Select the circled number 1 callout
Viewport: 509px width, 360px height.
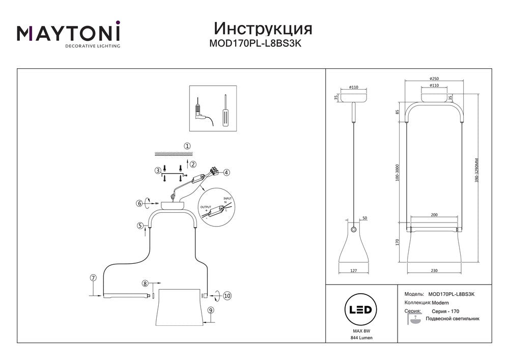point(187,146)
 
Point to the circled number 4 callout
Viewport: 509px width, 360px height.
point(227,173)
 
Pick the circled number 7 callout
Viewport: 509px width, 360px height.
point(93,278)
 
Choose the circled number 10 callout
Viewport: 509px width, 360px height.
point(227,295)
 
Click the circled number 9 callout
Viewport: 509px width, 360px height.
point(211,310)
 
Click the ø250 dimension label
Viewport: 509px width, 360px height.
point(434,78)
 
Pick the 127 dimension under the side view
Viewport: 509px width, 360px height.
point(354,271)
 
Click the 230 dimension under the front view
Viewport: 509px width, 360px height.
point(434,271)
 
